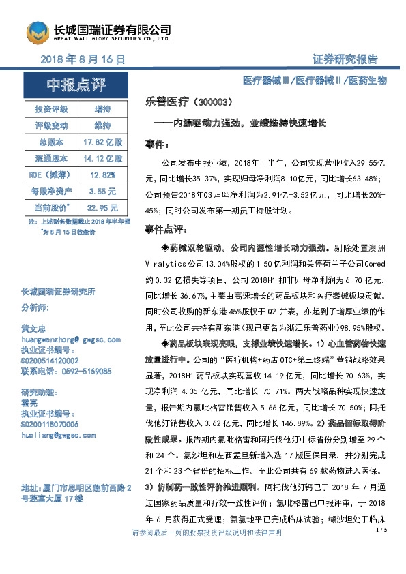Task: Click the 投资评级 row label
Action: click(x=48, y=109)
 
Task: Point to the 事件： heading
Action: click(x=158, y=145)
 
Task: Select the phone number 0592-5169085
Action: click(x=66, y=372)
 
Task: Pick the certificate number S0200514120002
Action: click(x=50, y=360)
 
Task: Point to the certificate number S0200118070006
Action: click(x=50, y=423)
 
